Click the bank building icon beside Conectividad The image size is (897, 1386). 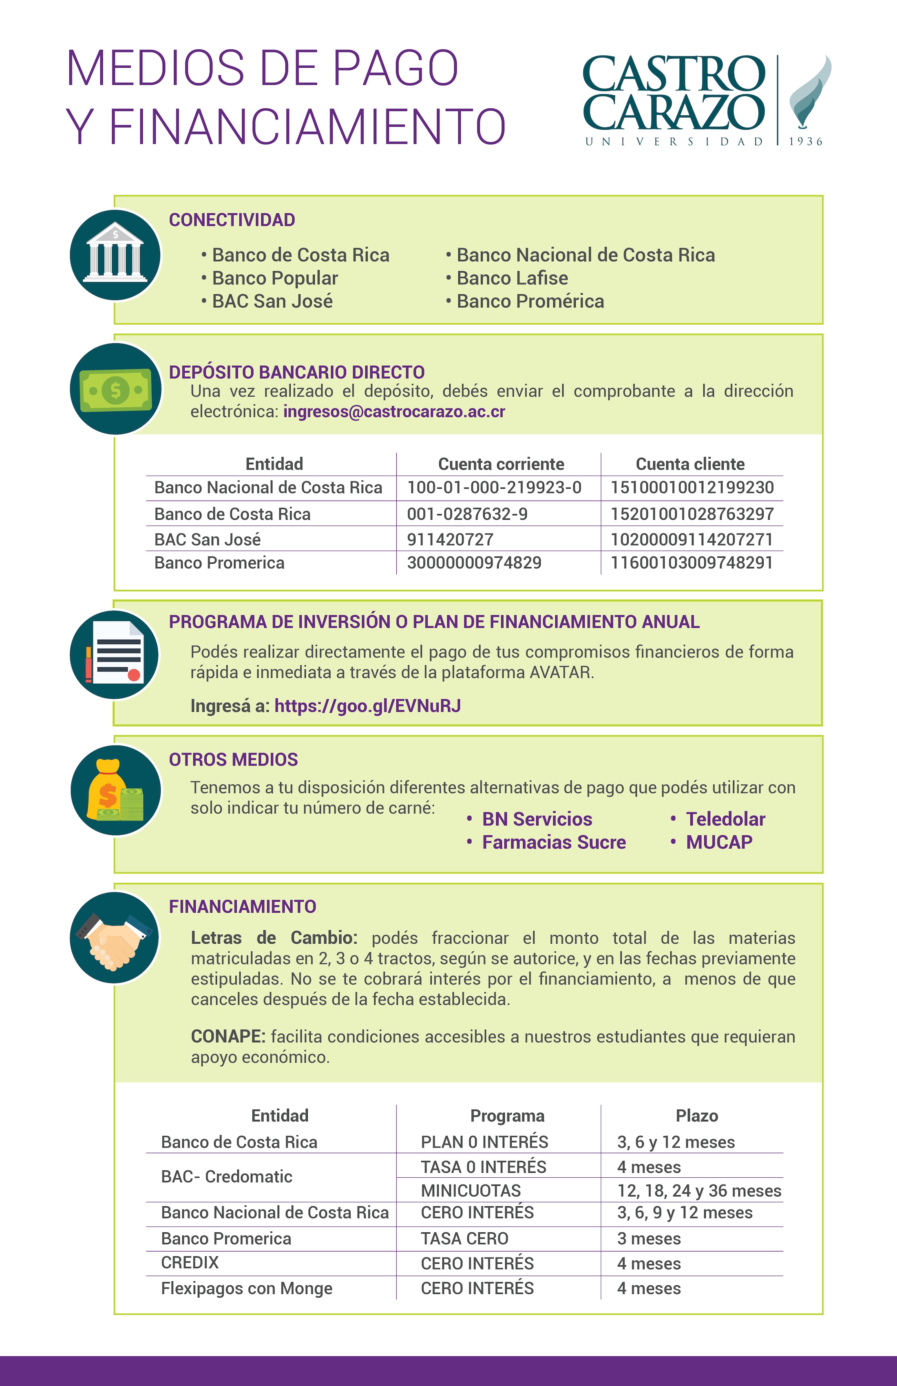click(x=115, y=254)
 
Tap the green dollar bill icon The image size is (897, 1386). click(x=115, y=389)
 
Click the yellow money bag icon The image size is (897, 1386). click(x=115, y=790)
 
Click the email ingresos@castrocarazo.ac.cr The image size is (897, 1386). click(x=394, y=412)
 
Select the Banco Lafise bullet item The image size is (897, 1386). click(x=512, y=278)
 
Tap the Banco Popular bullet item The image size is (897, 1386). click(x=274, y=278)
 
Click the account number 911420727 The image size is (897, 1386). click(x=450, y=539)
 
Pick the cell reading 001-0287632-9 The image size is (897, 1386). click(x=467, y=514)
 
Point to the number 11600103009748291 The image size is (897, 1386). click(x=692, y=563)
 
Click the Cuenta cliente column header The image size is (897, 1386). click(x=690, y=464)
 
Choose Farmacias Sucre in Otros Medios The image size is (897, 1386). click(x=553, y=842)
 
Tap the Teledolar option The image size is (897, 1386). click(x=725, y=819)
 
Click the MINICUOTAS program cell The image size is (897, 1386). click(x=471, y=1191)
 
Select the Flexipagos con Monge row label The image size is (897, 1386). click(x=246, y=1289)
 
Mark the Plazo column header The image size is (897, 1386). click(x=697, y=1116)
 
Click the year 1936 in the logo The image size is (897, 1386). click(x=806, y=141)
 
